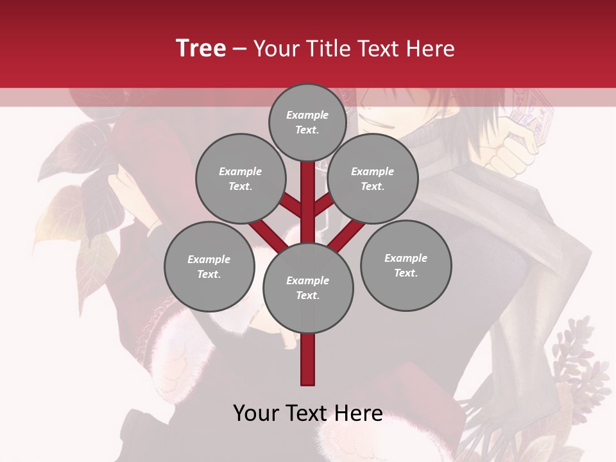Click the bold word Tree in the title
click(201, 49)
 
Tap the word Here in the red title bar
click(430, 49)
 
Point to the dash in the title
click(239, 49)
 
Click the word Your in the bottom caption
click(257, 413)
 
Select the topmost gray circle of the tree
click(307, 122)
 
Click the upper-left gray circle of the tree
click(240, 178)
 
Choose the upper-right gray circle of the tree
click(372, 178)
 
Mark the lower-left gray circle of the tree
click(209, 266)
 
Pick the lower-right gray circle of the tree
click(406, 265)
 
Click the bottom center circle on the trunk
click(307, 287)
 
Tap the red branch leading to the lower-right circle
click(346, 234)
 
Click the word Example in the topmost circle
click(307, 115)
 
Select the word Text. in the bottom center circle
click(307, 295)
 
